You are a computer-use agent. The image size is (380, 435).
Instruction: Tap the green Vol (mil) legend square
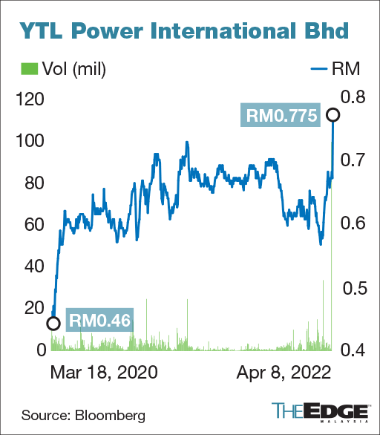click(x=28, y=71)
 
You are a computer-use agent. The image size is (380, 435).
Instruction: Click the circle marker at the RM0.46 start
click(x=53, y=322)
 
